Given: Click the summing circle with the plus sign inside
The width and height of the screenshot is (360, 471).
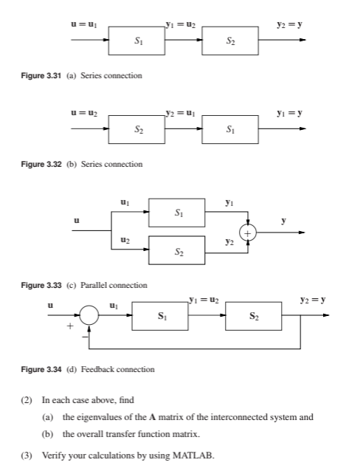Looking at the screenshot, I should (249, 230).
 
